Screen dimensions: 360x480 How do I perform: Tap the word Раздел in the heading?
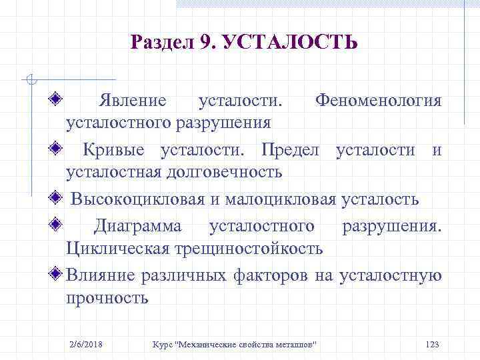(162, 43)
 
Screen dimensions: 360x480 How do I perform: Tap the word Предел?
(293, 149)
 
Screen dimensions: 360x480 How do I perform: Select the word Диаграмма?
(137, 226)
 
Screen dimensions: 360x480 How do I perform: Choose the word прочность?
(107, 298)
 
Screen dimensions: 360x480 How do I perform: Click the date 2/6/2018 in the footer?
(90, 343)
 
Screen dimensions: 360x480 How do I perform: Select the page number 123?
(431, 343)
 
